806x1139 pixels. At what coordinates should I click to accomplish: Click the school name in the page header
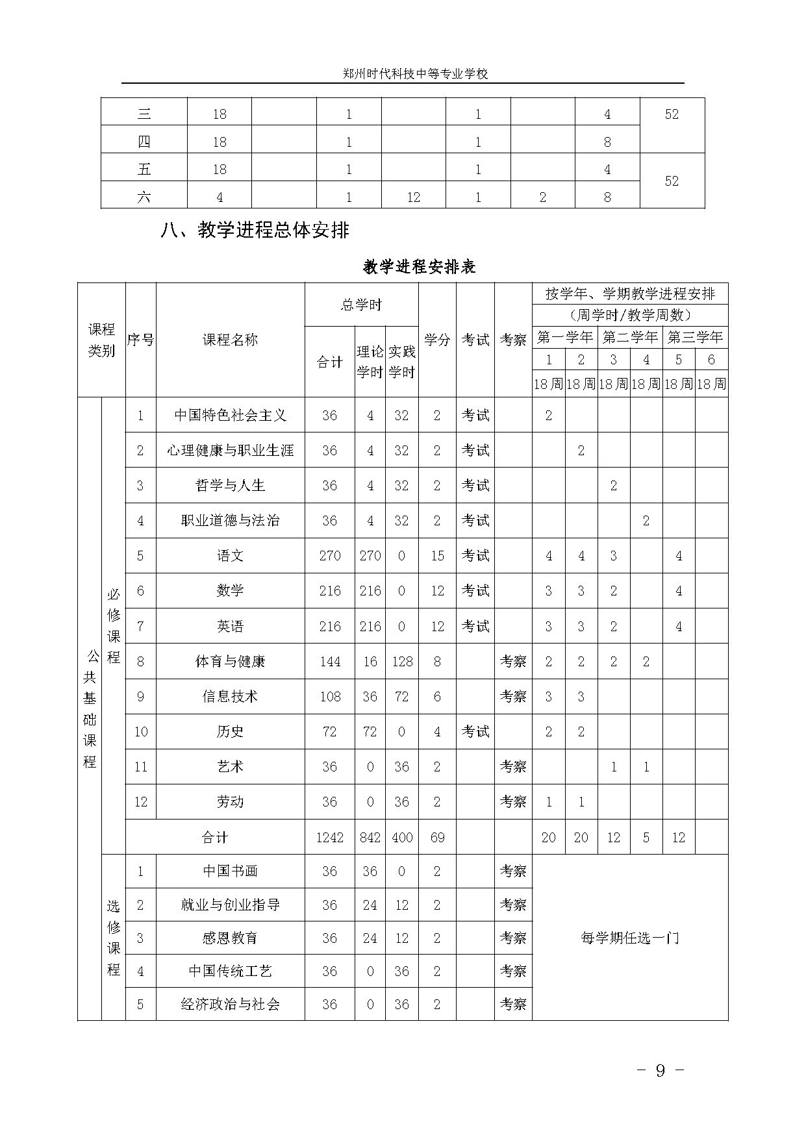click(x=416, y=74)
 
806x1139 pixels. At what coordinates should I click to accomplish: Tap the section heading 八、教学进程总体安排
click(x=255, y=230)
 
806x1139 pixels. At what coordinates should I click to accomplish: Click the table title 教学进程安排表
click(x=420, y=266)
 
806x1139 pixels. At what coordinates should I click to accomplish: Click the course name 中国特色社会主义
click(x=230, y=415)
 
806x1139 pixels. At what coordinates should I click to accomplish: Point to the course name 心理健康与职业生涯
click(x=230, y=450)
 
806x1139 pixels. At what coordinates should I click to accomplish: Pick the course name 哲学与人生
click(x=230, y=485)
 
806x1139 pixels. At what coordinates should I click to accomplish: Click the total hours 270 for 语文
click(x=330, y=556)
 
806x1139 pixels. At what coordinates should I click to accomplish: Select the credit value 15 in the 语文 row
click(x=437, y=556)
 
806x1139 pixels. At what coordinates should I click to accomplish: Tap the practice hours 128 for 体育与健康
click(x=402, y=661)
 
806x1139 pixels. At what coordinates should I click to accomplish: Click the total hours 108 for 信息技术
click(x=330, y=696)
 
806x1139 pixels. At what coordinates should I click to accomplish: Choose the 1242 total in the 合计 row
click(x=330, y=837)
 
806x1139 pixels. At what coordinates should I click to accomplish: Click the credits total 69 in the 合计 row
click(x=437, y=837)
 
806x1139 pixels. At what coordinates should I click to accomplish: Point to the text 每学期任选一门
click(x=630, y=938)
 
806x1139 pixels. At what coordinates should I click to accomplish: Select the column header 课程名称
click(x=230, y=340)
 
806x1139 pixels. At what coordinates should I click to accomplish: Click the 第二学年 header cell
click(x=630, y=337)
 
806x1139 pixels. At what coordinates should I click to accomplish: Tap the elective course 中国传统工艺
click(x=230, y=971)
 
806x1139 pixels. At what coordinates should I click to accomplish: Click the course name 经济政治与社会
click(x=230, y=1004)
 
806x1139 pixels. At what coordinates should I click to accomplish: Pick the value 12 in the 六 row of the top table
click(x=414, y=197)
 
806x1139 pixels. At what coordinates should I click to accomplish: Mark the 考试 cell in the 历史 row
click(x=475, y=731)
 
